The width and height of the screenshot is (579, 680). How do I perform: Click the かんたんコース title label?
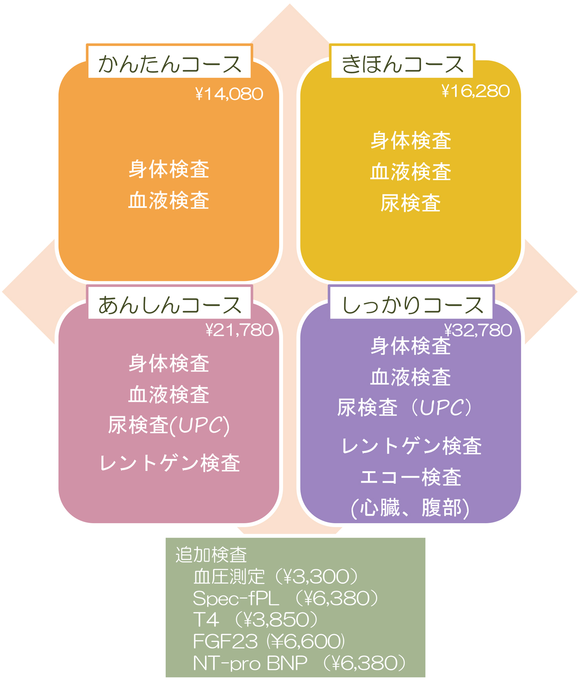(x=169, y=63)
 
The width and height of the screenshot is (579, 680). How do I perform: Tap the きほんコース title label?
(x=402, y=63)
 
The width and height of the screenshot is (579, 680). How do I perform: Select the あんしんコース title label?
(x=169, y=304)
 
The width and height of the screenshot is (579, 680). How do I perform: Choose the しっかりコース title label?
(x=412, y=304)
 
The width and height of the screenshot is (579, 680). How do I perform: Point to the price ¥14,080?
(x=229, y=94)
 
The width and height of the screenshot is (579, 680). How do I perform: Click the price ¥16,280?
(x=476, y=91)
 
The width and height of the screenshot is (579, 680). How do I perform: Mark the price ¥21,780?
(x=239, y=330)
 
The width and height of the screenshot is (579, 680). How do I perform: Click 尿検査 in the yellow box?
(x=410, y=203)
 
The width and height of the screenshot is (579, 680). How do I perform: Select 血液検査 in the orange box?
(x=169, y=201)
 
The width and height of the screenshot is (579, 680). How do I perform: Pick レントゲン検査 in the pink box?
(x=170, y=463)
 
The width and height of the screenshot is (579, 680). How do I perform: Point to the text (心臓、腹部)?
(x=410, y=508)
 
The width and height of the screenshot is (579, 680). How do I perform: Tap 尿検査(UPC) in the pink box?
(x=169, y=425)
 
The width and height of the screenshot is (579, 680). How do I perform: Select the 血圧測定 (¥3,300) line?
(x=276, y=576)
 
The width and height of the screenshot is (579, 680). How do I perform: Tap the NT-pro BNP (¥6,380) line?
(x=300, y=663)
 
